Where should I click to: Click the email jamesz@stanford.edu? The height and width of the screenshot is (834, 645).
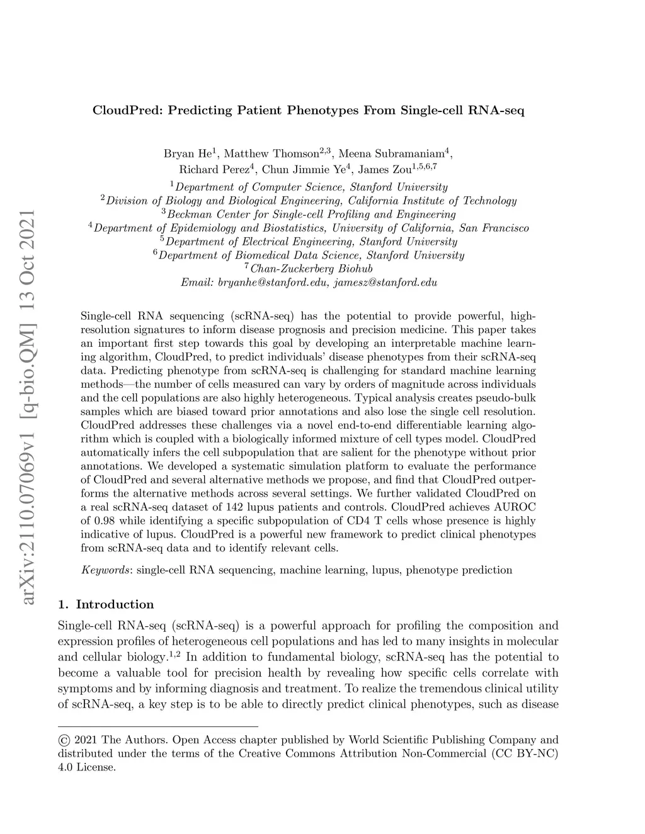[385, 283]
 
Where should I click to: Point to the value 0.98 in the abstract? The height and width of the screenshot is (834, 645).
[104, 521]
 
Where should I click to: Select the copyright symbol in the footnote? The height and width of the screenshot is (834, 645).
[63, 740]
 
